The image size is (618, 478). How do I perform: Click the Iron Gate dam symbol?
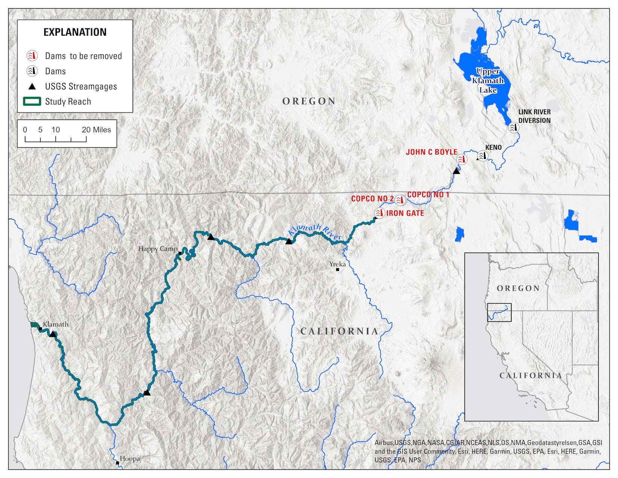tap(379, 213)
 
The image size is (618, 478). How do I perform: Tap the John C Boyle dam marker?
tap(462, 159)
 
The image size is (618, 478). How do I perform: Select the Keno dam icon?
tap(483, 156)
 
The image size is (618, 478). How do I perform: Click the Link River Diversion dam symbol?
tap(514, 127)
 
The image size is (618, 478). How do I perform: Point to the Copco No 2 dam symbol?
tap(400, 200)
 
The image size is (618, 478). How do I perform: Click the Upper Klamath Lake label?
tap(488, 81)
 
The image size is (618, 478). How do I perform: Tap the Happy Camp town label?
tap(158, 249)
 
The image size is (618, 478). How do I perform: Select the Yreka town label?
tap(337, 264)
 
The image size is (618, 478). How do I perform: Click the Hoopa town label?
tap(130, 459)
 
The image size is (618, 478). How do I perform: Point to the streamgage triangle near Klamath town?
tap(53, 334)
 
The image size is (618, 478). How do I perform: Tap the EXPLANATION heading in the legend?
tap(75, 32)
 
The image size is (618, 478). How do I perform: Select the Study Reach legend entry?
tap(68, 102)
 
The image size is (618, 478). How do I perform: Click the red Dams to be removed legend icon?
tap(32, 56)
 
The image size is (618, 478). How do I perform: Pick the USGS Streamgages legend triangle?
tap(32, 87)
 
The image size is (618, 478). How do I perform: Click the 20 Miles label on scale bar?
tap(96, 130)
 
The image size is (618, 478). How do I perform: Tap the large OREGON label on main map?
tap(309, 101)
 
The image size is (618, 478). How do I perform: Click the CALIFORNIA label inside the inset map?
tap(530, 375)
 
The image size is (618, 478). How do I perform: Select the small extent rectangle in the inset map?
tap(499, 312)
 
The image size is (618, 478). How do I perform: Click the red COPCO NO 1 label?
tap(428, 194)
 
